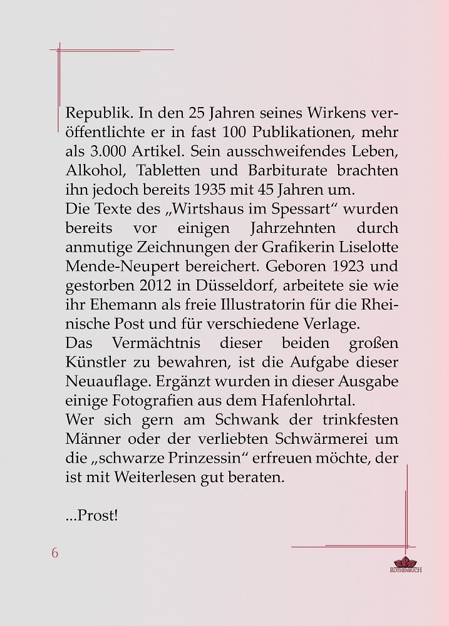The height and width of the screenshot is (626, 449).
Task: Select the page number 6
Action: point(55,553)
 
